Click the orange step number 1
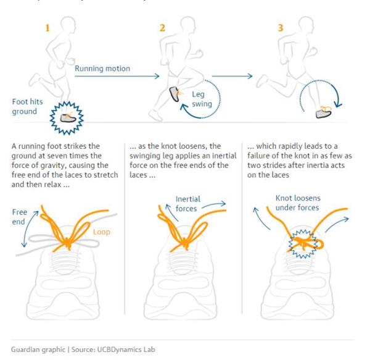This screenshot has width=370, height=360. [x=47, y=28]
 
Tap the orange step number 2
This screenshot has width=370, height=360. [x=162, y=28]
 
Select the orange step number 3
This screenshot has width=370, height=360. [x=282, y=28]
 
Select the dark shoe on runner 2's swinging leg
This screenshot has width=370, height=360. [x=176, y=94]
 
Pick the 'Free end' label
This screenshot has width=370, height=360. [x=20, y=216]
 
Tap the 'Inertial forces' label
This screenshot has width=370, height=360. [x=187, y=204]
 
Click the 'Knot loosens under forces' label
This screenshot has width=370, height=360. [x=297, y=203]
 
